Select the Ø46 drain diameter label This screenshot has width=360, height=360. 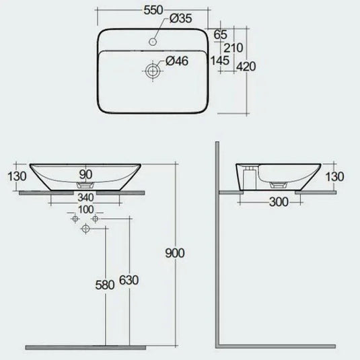(x=176, y=61)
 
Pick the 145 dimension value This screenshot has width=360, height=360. (x=219, y=61)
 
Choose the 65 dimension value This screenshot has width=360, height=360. (x=219, y=34)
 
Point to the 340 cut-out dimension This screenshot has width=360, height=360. (x=85, y=198)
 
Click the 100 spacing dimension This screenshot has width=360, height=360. (x=85, y=211)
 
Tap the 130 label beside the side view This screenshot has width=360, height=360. (x=334, y=176)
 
